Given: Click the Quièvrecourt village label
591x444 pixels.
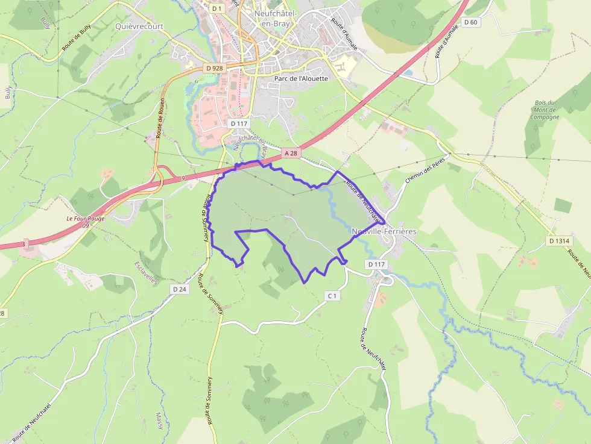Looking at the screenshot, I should (x=139, y=26).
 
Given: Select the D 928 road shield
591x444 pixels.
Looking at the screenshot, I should (x=214, y=68).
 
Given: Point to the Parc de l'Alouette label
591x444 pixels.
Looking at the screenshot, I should (x=301, y=78).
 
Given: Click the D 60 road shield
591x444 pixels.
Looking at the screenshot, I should (x=470, y=22).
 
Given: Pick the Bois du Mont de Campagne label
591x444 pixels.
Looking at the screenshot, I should (x=544, y=110).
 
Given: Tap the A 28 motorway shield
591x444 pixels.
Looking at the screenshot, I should (x=291, y=153).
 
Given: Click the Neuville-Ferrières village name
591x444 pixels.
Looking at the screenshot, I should (x=384, y=231).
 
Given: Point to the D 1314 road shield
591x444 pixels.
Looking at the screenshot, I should (x=559, y=241).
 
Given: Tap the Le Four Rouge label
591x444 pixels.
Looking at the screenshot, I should (x=85, y=219).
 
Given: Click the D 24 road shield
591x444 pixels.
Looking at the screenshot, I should (x=179, y=289).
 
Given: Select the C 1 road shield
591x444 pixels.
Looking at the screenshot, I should (x=332, y=296).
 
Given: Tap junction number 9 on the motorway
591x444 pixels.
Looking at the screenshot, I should (x=182, y=178).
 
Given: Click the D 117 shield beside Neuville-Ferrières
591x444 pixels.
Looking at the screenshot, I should (x=375, y=264).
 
